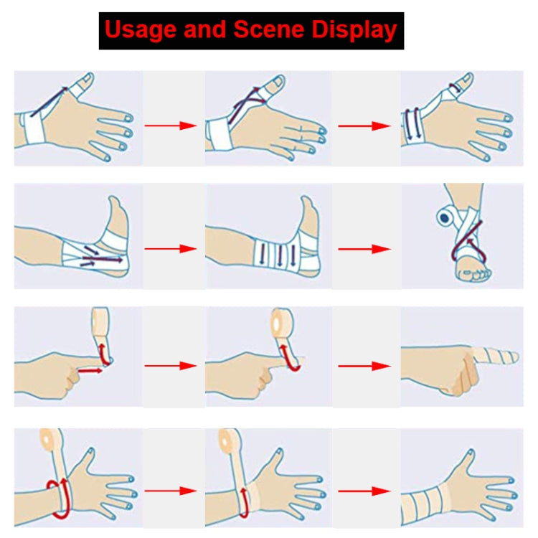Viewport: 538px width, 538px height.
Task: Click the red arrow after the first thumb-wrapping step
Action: tap(170, 126)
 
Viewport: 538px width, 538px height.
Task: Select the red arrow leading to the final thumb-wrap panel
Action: tap(364, 126)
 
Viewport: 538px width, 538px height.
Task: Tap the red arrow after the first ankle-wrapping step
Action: tap(170, 249)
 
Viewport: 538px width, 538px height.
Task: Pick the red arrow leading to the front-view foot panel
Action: tap(364, 249)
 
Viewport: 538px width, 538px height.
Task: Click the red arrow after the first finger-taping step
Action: tap(170, 366)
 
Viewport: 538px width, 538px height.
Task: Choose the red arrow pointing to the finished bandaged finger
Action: tap(364, 366)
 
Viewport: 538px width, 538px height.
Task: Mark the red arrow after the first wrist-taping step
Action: tap(170, 491)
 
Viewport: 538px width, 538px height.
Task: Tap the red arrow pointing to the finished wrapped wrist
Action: tap(364, 491)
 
